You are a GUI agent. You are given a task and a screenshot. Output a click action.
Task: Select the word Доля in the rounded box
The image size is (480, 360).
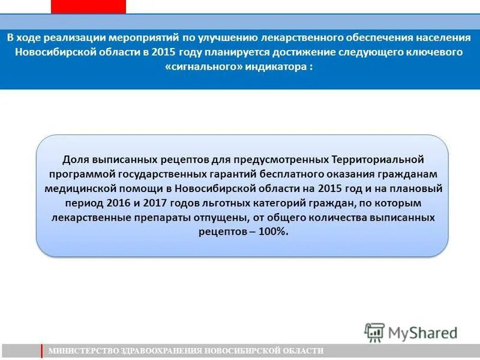click(76, 160)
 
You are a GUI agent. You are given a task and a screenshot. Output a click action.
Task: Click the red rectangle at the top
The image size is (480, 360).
click(88, 6)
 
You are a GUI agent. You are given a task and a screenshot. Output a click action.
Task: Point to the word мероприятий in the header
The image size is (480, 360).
click(150, 37)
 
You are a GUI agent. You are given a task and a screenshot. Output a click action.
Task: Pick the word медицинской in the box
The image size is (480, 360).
click(77, 189)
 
